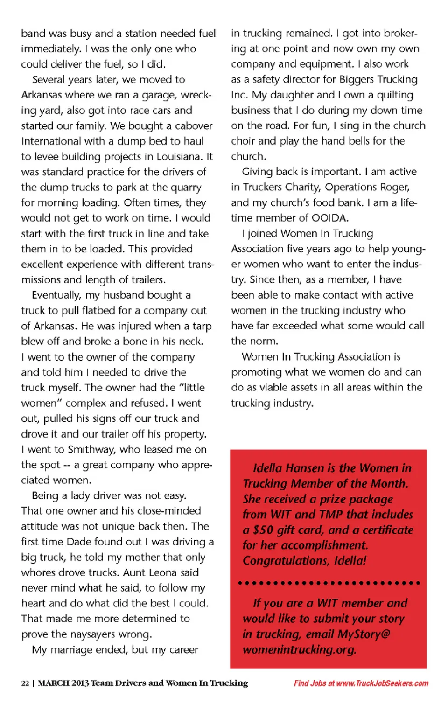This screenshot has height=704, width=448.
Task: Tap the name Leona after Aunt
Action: click(x=180, y=572)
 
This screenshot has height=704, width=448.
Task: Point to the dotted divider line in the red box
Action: click(x=329, y=583)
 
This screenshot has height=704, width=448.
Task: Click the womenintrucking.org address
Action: click(x=299, y=649)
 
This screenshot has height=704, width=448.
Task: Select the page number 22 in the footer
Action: click(x=25, y=683)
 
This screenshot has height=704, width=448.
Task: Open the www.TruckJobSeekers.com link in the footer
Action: click(x=382, y=683)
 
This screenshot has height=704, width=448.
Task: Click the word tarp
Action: click(x=202, y=326)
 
